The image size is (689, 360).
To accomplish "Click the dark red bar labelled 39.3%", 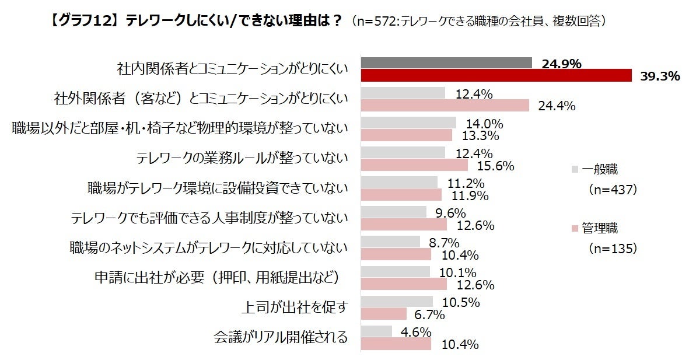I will point(496,75).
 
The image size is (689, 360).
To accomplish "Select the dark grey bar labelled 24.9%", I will point(446,63).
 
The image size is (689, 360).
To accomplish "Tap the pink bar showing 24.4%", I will point(445,105).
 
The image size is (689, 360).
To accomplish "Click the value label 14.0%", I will point(484,124).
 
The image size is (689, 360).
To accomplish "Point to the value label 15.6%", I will point(495,166).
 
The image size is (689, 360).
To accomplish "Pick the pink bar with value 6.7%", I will point(384,314).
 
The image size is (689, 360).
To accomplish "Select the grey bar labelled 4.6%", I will point(376,331).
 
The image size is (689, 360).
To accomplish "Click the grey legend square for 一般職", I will point(575,170).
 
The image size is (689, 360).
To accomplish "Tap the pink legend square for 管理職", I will point(575,228).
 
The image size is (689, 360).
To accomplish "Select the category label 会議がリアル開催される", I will point(281,337).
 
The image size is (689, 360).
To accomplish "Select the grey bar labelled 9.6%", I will point(394,212).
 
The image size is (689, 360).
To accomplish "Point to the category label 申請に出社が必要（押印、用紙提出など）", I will point(217,277).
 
